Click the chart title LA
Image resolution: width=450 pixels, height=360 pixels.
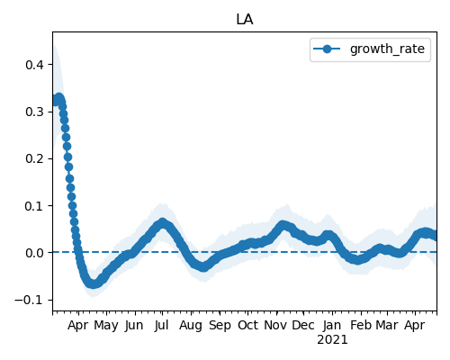pyautogui.click(x=245, y=20)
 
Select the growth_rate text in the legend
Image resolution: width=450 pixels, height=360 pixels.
pyautogui.click(x=387, y=49)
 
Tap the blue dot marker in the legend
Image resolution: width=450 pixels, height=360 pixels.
pyautogui.click(x=327, y=49)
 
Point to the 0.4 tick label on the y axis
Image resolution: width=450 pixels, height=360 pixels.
pyautogui.click(x=35, y=65)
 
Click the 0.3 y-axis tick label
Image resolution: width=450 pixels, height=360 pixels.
pyautogui.click(x=35, y=112)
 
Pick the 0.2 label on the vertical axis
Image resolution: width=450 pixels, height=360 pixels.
pyautogui.click(x=35, y=158)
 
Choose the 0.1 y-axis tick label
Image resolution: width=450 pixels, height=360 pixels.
pyautogui.click(x=35, y=206)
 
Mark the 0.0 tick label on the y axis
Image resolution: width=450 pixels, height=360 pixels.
pyautogui.click(x=35, y=253)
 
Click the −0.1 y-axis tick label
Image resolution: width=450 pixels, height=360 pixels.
pyautogui.click(x=30, y=300)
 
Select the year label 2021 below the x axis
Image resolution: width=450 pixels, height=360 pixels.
pyautogui.click(x=332, y=340)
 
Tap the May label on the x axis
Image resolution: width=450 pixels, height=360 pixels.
pyautogui.click(x=106, y=326)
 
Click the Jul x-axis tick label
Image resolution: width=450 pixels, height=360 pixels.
pyautogui.click(x=162, y=325)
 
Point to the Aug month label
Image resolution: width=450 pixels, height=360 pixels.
pyautogui.click(x=191, y=326)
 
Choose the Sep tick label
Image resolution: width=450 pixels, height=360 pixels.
pyautogui.click(x=220, y=326)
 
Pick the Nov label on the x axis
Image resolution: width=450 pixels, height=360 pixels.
pyautogui.click(x=275, y=325)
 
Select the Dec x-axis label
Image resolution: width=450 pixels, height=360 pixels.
pyautogui.click(x=303, y=325)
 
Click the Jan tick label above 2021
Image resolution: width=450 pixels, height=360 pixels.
pyautogui.click(x=332, y=325)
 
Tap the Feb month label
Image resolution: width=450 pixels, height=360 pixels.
pyautogui.click(x=361, y=325)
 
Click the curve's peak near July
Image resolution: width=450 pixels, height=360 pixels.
pyautogui.click(x=162, y=223)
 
